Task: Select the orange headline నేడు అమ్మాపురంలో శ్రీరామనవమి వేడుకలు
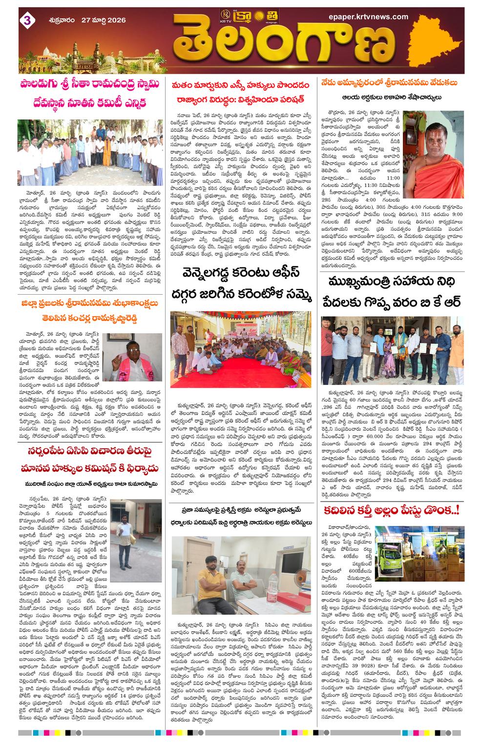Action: click(x=389, y=83)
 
